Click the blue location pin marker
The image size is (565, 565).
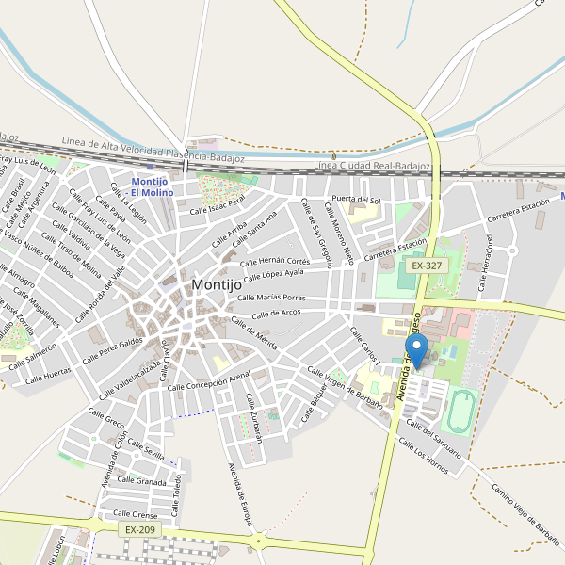pyautogui.click(x=420, y=350)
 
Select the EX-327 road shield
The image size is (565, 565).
pyautogui.click(x=427, y=266)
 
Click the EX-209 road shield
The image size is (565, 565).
pyautogui.click(x=139, y=530)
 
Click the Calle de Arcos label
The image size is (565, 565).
pyautogui.click(x=278, y=313)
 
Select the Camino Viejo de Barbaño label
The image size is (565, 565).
pyautogui.click(x=525, y=514)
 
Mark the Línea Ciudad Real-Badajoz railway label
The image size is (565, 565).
pyautogui.click(x=370, y=167)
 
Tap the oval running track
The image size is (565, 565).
pyautogui.click(x=459, y=409)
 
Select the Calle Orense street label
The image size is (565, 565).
pyautogui.click(x=136, y=514)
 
